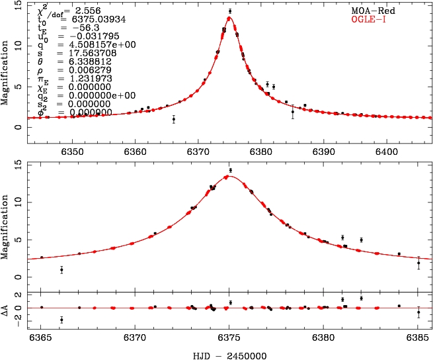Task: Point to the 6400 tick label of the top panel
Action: [x=386, y=150]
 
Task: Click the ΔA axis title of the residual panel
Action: [x=7, y=308]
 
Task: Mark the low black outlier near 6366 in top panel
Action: [x=173, y=119]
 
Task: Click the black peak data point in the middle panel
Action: [x=230, y=170]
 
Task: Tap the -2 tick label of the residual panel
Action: [x=19, y=318]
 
